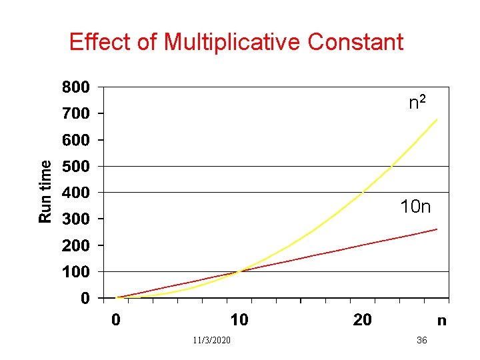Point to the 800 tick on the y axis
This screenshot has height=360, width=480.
tap(75, 87)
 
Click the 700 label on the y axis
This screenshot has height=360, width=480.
tap(75, 114)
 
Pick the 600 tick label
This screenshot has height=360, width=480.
tap(75, 140)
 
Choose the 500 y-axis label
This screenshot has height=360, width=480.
tap(75, 166)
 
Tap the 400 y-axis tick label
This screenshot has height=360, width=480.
tap(75, 193)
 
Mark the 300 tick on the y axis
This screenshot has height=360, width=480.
tap(75, 219)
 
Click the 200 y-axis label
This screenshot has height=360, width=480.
tap(75, 245)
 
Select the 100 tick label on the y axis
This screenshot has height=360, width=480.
tap(75, 271)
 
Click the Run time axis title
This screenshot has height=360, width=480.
tap(45, 191)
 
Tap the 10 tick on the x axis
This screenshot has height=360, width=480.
tap(239, 320)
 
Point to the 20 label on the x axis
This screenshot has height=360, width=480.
tap(362, 320)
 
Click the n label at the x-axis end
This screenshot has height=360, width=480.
tap(441, 321)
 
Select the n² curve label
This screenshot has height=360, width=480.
tap(417, 103)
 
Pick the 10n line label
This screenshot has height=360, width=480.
tap(415, 207)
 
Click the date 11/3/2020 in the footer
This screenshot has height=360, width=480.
tap(211, 341)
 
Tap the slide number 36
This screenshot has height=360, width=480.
tap(421, 341)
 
